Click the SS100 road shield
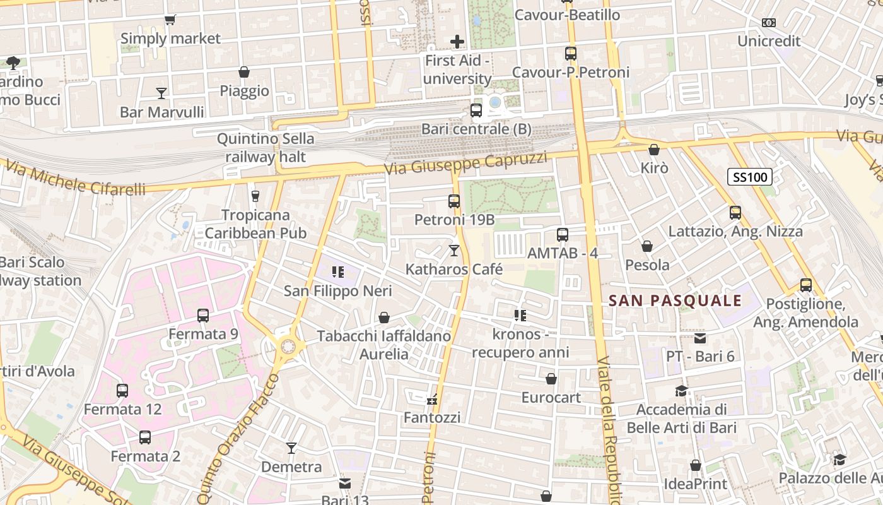tap(749, 177)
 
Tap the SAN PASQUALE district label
tap(675, 301)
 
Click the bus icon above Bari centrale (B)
tap(476, 110)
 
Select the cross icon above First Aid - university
tap(457, 42)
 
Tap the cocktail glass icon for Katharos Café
tap(453, 251)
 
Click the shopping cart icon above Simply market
tap(170, 20)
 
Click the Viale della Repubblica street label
tap(607, 429)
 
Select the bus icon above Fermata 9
tap(202, 315)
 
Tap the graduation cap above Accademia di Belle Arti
tap(681, 391)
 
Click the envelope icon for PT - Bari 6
tap(700, 338)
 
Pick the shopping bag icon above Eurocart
tap(551, 379)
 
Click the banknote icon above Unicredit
tap(768, 23)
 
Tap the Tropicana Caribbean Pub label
tap(255, 224)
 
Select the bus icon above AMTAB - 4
tap(562, 235)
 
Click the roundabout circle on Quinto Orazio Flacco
tap(288, 346)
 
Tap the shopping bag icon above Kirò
tap(654, 150)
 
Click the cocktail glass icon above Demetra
tap(291, 448)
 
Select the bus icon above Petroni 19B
tap(453, 201)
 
